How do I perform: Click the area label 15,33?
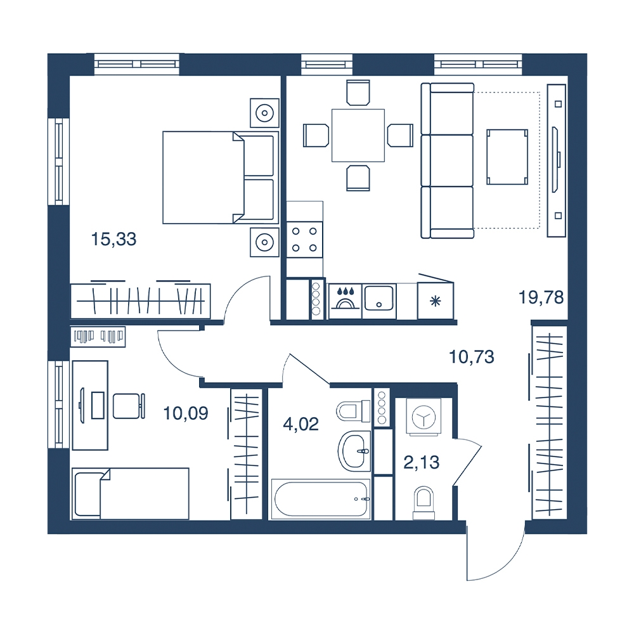point(113,240)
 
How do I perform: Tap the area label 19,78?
point(541,297)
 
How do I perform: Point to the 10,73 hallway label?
point(472,357)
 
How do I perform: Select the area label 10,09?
point(186,413)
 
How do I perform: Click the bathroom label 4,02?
point(301,425)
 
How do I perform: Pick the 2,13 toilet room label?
point(422,462)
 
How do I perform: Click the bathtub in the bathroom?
point(320,499)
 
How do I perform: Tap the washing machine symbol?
point(424,417)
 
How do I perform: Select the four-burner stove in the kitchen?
point(304,240)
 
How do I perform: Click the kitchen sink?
point(379,299)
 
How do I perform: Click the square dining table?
point(358,136)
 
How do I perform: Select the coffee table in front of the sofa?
point(507,157)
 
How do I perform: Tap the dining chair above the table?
point(358,93)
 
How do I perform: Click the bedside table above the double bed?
point(264,113)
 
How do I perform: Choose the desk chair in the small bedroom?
point(129,406)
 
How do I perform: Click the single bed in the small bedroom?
point(130,493)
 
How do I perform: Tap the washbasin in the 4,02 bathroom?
point(354,451)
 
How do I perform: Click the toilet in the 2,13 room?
point(424,503)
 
